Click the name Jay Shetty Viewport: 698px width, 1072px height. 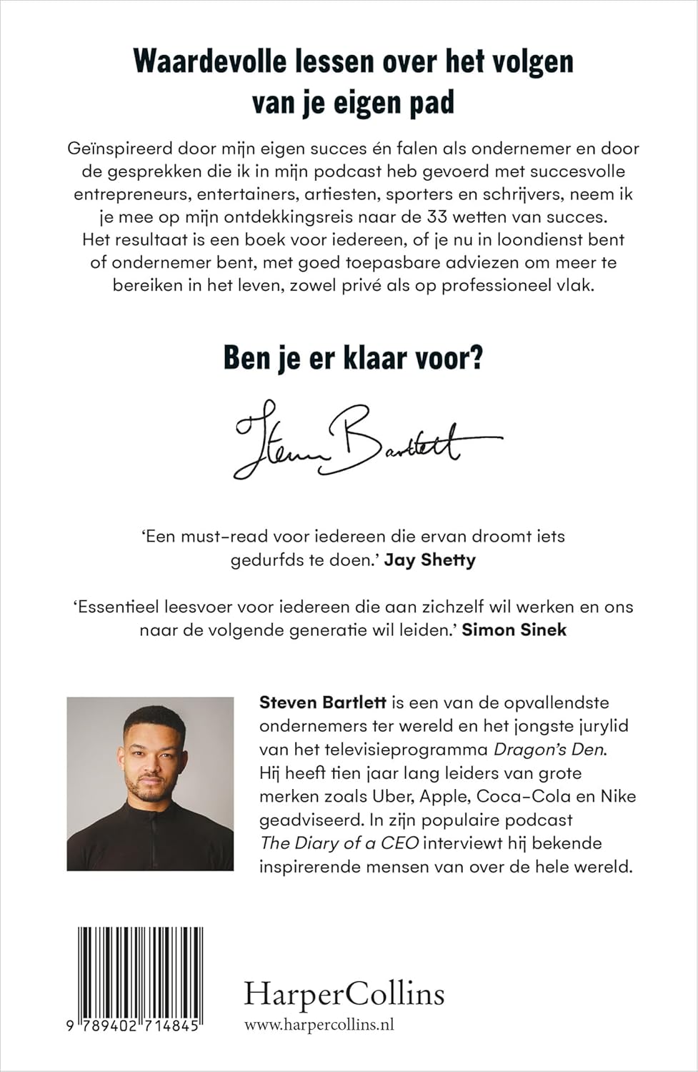pyautogui.click(x=429, y=560)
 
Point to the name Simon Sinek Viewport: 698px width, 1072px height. pyautogui.click(x=514, y=630)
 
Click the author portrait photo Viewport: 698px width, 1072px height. pyautogui.click(x=150, y=783)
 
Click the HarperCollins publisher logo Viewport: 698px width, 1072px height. pyautogui.click(x=344, y=994)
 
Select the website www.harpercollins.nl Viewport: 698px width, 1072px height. pyautogui.click(x=319, y=1025)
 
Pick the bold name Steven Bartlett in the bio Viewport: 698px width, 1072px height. pyautogui.click(x=323, y=703)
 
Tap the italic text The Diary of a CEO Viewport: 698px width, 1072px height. pyautogui.click(x=339, y=843)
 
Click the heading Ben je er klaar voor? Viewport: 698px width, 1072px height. pyautogui.click(x=353, y=357)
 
